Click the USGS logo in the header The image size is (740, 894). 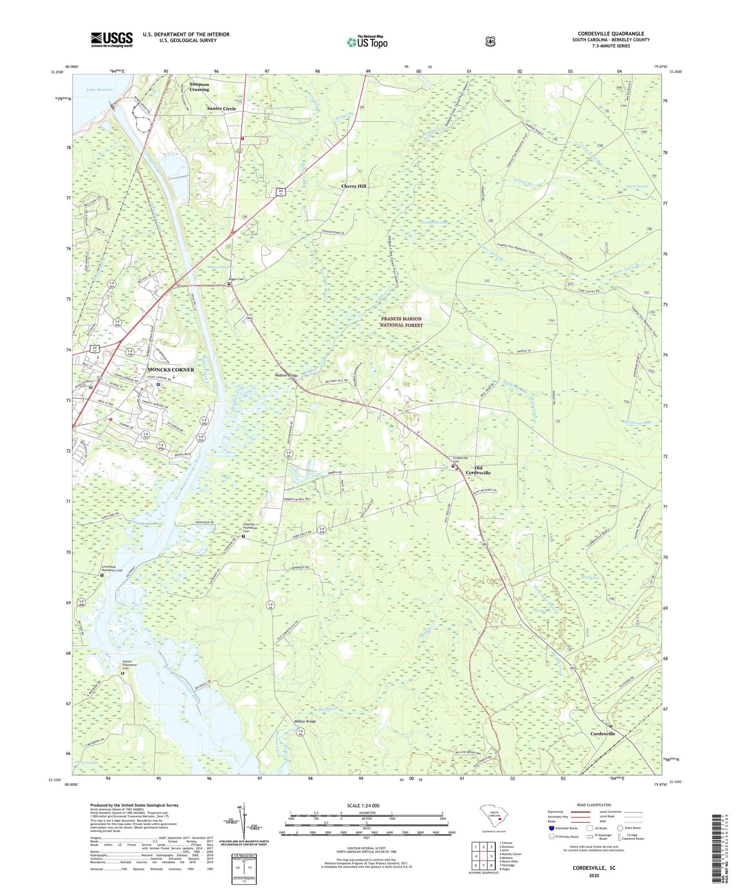point(111,39)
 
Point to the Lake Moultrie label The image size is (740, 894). point(100,90)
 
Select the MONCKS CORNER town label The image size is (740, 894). point(171,370)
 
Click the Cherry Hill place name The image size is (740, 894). point(354,186)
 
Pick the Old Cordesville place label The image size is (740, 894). point(478,470)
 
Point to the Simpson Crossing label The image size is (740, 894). point(199,87)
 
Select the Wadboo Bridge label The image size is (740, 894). point(286,376)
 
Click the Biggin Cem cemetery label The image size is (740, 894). point(236,279)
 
